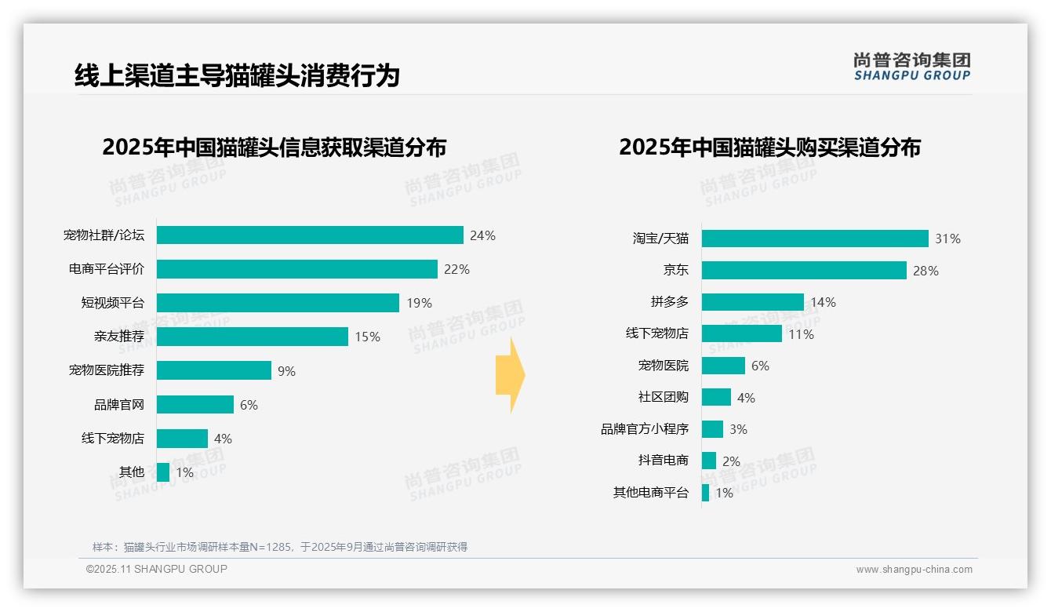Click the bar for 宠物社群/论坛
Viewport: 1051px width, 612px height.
pyautogui.click(x=310, y=235)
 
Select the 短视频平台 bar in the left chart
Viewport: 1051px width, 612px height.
pyautogui.click(x=278, y=303)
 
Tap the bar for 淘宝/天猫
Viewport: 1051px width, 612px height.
pyautogui.click(x=815, y=239)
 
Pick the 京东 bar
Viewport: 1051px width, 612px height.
pyautogui.click(x=804, y=271)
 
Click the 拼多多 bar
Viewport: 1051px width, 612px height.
pyautogui.click(x=753, y=302)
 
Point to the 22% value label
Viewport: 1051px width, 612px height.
pyautogui.click(x=456, y=269)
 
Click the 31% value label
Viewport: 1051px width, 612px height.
pyautogui.click(x=947, y=239)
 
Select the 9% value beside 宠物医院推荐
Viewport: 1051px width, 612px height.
pyautogui.click(x=286, y=371)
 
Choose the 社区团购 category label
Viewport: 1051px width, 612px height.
pyautogui.click(x=663, y=397)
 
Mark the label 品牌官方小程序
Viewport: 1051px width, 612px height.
pyautogui.click(x=645, y=429)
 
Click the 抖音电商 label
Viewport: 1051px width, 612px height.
pyautogui.click(x=663, y=461)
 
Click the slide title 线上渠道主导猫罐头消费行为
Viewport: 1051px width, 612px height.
pyautogui.click(x=237, y=75)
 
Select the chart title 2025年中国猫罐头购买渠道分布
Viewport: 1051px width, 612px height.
pyautogui.click(x=769, y=147)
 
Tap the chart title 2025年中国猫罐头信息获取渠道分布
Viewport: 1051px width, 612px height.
pyautogui.click(x=274, y=147)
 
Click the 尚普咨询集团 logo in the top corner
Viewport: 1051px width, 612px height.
pyautogui.click(x=911, y=66)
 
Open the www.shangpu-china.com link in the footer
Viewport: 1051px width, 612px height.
pyautogui.click(x=914, y=570)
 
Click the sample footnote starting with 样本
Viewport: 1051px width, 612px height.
pyautogui.click(x=279, y=547)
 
